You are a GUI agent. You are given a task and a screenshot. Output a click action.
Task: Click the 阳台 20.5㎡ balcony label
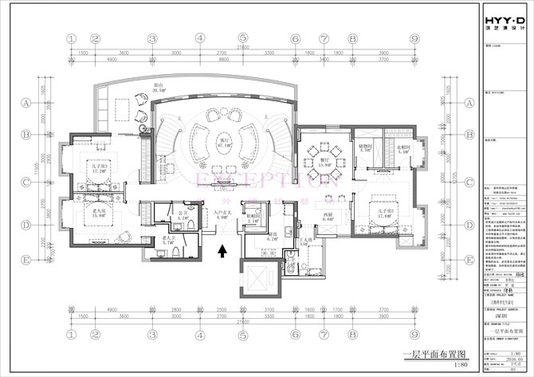pos(160,89)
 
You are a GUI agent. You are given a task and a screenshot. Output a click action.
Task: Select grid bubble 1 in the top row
pos(71,37)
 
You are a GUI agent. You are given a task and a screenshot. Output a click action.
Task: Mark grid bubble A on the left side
pos(26,103)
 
